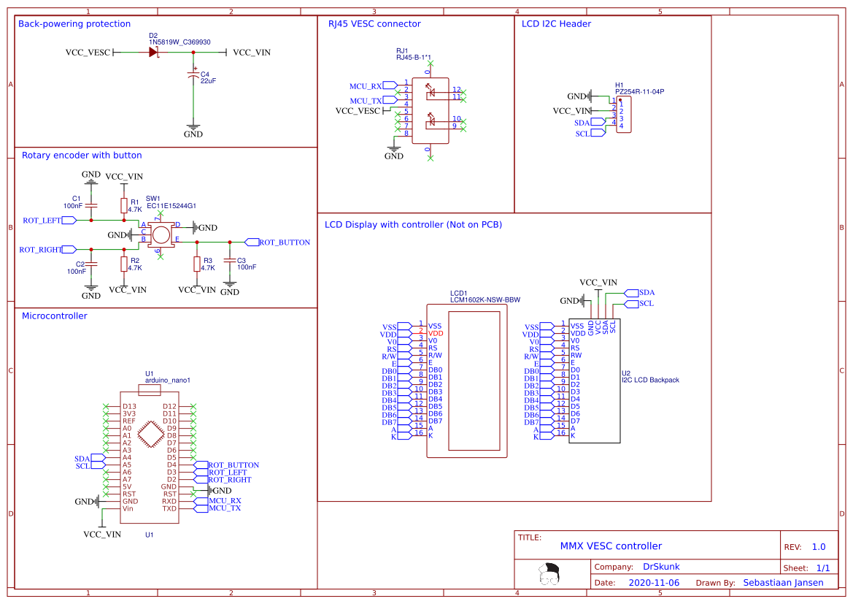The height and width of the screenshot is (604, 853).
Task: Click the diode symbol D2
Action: (154, 53)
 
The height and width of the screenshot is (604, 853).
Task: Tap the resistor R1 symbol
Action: (124, 205)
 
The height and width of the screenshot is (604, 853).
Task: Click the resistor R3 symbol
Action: (196, 264)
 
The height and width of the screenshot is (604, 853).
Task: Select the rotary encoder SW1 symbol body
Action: (161, 234)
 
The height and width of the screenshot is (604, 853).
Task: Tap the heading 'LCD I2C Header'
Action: (556, 24)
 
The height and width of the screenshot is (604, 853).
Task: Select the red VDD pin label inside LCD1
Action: (436, 333)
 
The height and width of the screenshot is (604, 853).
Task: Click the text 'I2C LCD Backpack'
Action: (650, 380)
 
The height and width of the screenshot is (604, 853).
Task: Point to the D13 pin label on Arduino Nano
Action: (129, 406)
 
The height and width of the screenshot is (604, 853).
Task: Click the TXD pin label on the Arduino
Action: (169, 508)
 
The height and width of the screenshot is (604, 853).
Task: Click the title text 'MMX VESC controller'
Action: (611, 546)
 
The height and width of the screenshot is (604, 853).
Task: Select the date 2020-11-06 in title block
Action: (653, 583)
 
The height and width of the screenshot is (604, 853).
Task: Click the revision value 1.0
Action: (819, 547)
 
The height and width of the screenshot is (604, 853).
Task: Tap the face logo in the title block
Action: (549, 574)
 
